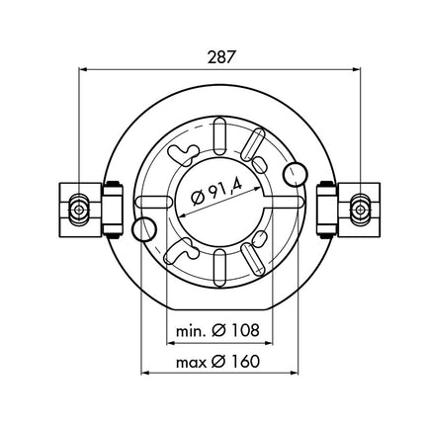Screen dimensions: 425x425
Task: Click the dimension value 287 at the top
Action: (221, 56)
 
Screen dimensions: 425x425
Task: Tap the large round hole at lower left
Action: (142, 230)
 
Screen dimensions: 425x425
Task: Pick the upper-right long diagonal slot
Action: (254, 147)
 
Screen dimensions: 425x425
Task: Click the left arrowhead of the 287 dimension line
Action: (82, 69)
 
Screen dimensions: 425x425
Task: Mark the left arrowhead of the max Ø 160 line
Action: (148, 374)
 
